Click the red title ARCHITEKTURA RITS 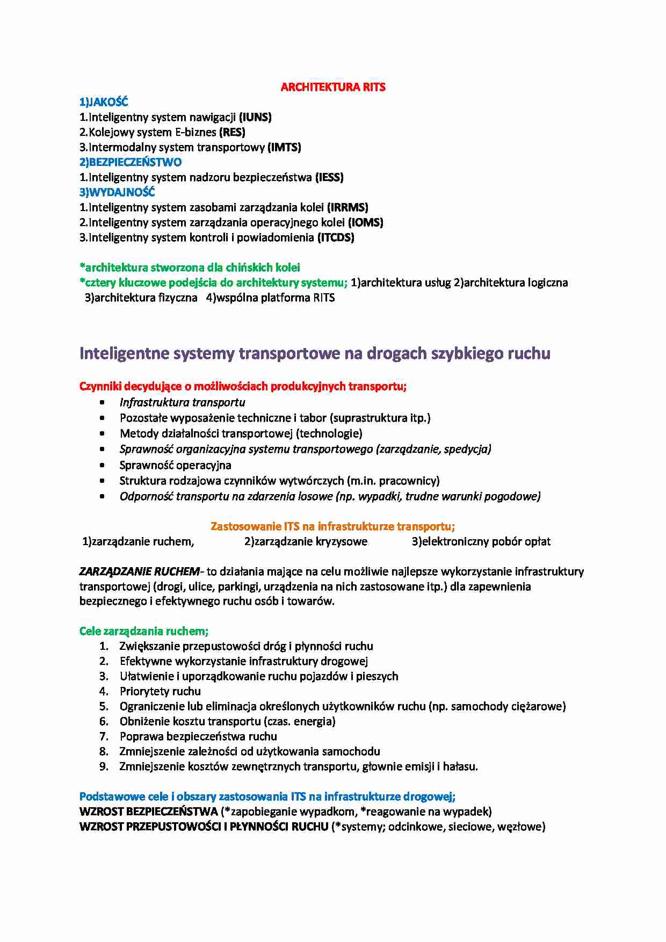333,87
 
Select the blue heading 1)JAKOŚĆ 104,102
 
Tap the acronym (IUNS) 255,117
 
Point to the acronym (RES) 232,132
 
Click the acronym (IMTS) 284,147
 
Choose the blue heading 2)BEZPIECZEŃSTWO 131,162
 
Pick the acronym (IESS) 329,177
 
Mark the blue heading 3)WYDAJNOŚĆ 117,192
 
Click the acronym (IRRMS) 348,207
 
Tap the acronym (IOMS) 366,222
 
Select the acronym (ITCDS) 336,237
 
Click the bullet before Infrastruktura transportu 103,402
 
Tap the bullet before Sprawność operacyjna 103,465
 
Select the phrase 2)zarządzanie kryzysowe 306,541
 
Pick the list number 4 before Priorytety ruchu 104,691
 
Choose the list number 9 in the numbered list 104,766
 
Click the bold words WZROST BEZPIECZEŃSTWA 148,811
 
